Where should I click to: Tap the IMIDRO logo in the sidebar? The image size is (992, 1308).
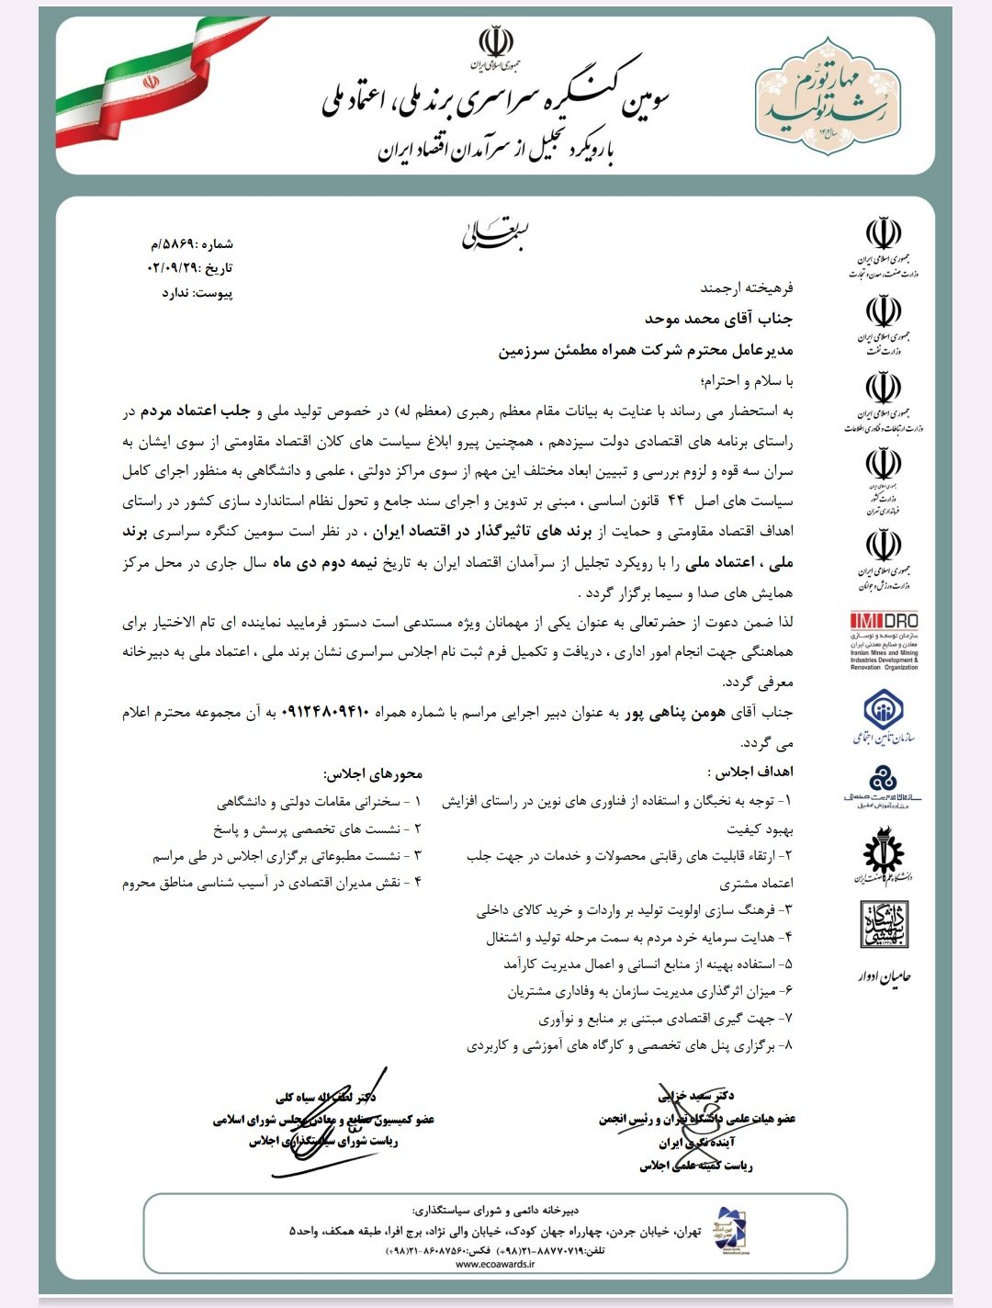tap(883, 640)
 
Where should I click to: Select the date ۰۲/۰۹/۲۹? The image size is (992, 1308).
tap(174, 268)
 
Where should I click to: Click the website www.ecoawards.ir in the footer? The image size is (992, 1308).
tap(495, 1264)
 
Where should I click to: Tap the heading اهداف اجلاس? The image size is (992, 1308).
tap(750, 772)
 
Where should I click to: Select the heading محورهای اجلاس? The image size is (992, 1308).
tap(372, 772)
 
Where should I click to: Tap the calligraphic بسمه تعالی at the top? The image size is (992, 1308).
tap(495, 234)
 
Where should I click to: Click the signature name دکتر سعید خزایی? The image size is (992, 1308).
tap(696, 1095)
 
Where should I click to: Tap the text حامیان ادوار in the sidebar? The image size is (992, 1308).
tap(883, 976)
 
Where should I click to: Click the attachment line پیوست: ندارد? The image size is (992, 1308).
tap(197, 293)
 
